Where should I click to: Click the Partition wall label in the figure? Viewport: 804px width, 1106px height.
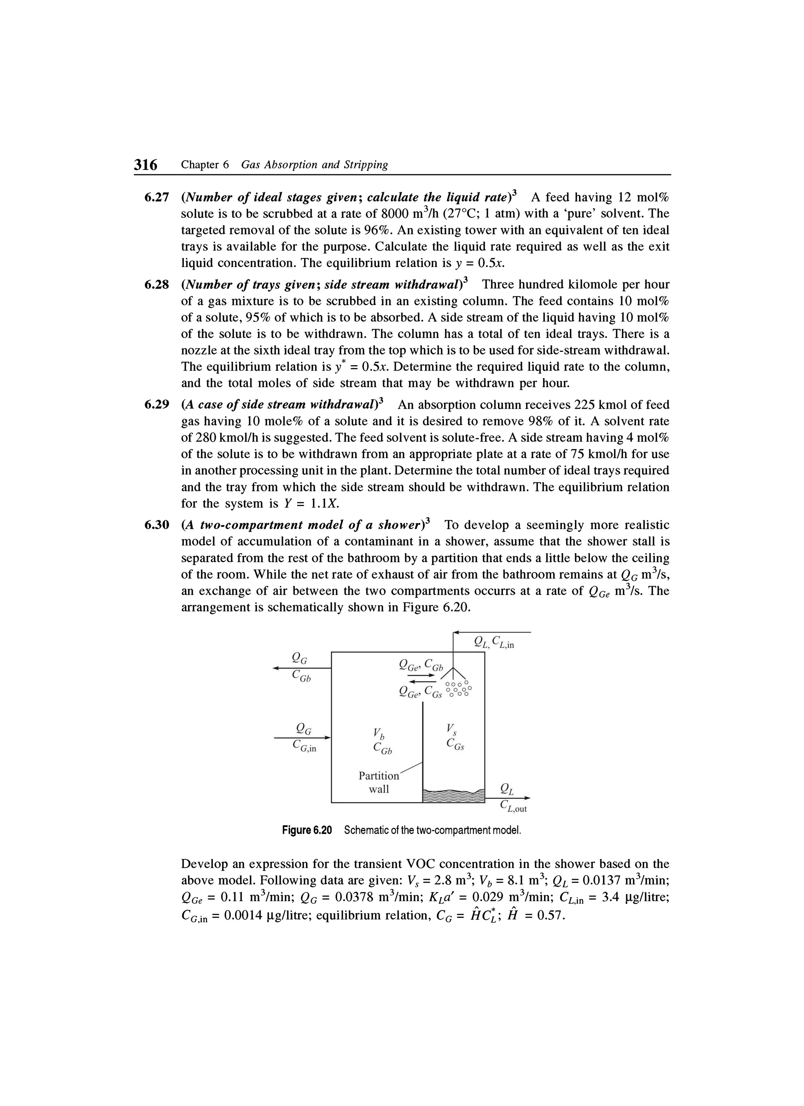click(x=378, y=782)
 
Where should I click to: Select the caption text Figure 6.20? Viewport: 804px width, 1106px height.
click(x=307, y=830)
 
